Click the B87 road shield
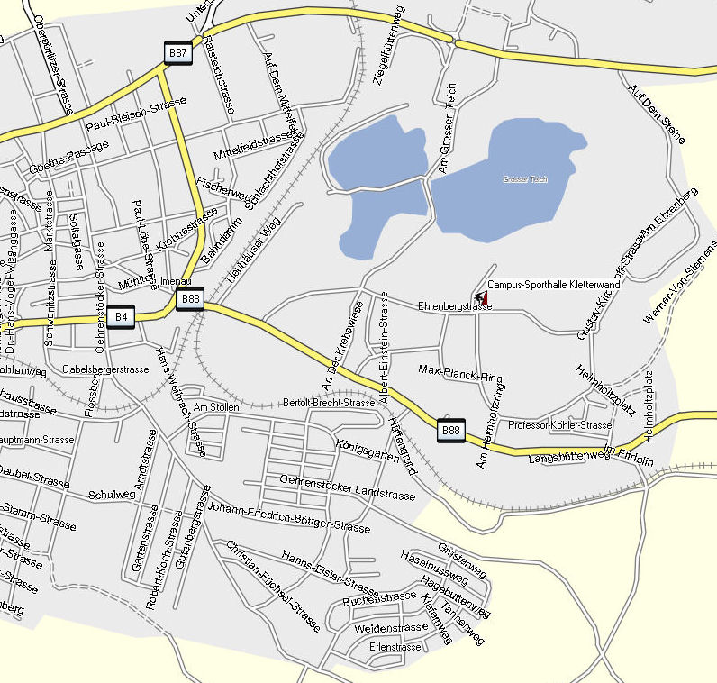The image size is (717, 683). [x=178, y=53]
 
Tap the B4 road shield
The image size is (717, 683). [x=121, y=316]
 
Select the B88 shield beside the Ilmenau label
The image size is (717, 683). [x=190, y=299]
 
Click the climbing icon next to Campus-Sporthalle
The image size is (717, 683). [x=479, y=296]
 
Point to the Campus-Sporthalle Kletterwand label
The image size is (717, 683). [x=553, y=285]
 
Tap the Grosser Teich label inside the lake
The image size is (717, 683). [x=525, y=180]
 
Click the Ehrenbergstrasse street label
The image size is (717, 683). [x=455, y=306]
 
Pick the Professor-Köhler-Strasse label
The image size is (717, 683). [x=560, y=425]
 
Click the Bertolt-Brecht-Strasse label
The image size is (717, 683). [x=329, y=403]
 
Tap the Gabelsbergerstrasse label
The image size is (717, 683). [x=105, y=369]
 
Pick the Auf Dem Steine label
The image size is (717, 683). [x=658, y=114]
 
